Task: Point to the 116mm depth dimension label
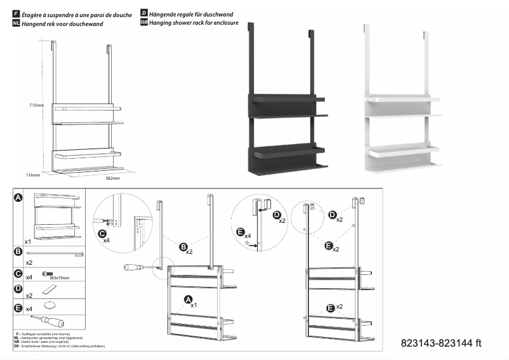click(33, 173)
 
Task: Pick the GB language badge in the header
click(143, 22)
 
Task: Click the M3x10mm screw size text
click(60, 277)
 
